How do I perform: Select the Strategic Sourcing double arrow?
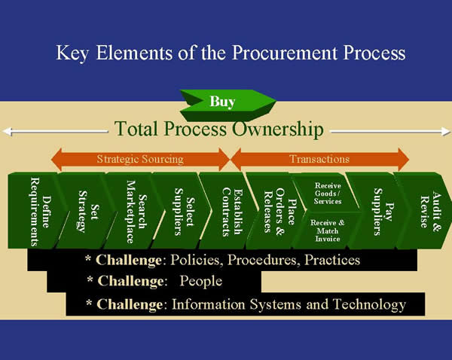point(140,159)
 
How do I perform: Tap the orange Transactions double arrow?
point(319,159)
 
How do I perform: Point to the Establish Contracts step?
point(224,211)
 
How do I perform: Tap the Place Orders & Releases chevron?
point(271,211)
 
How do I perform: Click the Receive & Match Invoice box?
point(328,230)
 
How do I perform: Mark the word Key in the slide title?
point(72,54)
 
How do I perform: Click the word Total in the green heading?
point(137,130)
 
